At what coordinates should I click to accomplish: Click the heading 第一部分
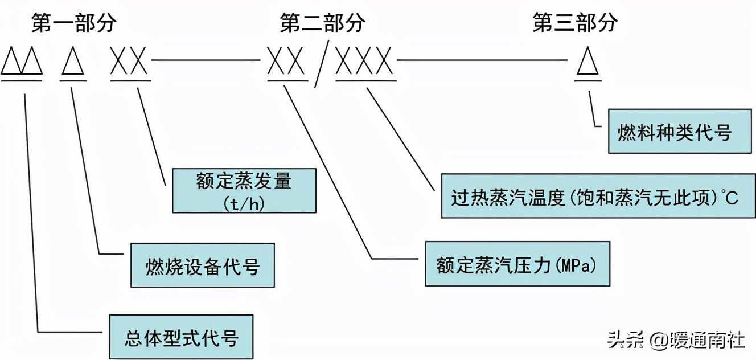(74, 23)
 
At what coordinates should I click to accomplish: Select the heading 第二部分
(323, 23)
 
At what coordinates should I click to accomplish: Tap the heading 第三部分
(575, 23)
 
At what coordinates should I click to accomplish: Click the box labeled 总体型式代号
(181, 336)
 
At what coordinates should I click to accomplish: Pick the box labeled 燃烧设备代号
(203, 265)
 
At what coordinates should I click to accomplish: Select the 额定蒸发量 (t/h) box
(244, 190)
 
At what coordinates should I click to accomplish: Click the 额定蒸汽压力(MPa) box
(517, 263)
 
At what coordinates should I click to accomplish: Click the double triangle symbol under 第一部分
(22, 61)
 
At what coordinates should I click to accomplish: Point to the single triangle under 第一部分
(73, 61)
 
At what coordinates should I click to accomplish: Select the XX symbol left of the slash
(286, 61)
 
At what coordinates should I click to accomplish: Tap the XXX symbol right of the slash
(364, 61)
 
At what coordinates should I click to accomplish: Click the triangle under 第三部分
(587, 61)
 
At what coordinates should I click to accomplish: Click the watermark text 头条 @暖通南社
(676, 340)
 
